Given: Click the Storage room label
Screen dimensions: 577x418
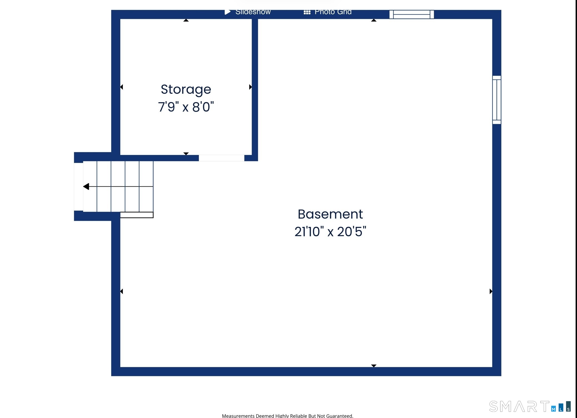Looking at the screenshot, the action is point(186,90).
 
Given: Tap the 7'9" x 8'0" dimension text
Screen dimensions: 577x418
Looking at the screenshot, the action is point(186,107).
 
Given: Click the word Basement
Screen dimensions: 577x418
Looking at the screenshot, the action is point(330,214).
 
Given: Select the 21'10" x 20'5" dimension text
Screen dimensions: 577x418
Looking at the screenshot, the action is point(330,232).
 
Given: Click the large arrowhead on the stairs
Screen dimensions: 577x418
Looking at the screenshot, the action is point(86,186).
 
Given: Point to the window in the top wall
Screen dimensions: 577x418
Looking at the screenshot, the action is point(412,14).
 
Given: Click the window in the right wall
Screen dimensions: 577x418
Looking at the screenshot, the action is point(497,100).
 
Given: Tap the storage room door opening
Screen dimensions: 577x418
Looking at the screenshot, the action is point(222,158).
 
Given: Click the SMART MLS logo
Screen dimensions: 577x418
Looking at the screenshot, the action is point(530,407).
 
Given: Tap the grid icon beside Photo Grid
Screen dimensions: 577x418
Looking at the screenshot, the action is point(307,12).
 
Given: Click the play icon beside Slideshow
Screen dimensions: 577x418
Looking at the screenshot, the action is point(227,12).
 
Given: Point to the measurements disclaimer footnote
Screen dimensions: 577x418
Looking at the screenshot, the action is point(287,416).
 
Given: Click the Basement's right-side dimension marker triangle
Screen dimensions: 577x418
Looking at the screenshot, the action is point(491,291).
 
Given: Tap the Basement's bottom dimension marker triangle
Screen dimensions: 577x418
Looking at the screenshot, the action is point(374,366).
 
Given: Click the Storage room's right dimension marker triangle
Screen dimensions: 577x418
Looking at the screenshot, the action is point(250,87).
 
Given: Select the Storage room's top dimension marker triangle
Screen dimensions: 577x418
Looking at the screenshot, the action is point(186,20).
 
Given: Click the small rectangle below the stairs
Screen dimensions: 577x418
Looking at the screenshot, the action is point(137,215).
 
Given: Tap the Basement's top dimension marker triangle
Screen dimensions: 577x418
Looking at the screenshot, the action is point(374,20).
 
